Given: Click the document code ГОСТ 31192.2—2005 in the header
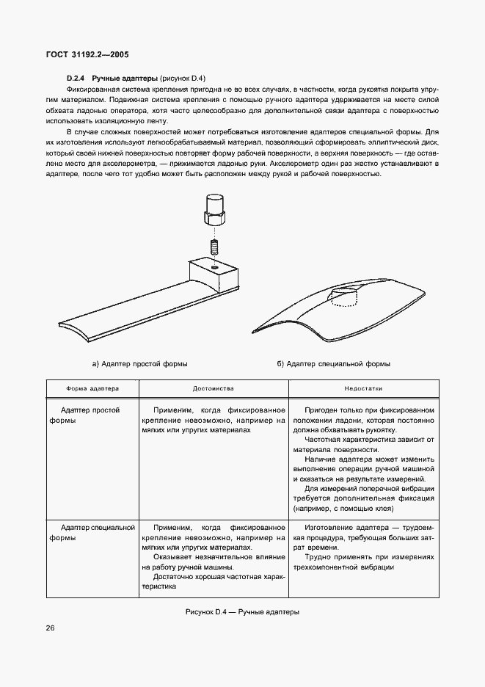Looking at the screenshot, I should pyautogui.click(x=88, y=54).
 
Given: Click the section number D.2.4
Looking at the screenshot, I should pyautogui.click(x=77, y=77).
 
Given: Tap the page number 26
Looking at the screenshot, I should pyautogui.click(x=50, y=628).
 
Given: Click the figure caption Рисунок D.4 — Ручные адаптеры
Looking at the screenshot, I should pyautogui.click(x=241, y=610).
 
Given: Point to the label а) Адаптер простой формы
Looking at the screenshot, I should pyautogui.click(x=139, y=363).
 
